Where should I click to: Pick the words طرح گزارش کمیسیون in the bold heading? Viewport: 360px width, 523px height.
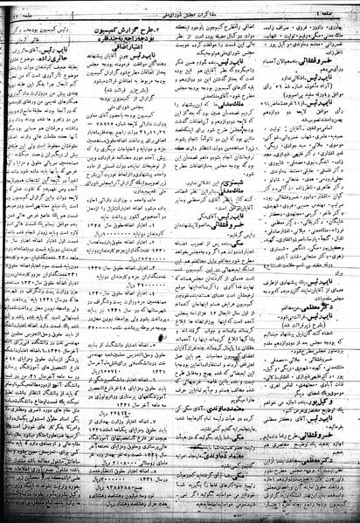(204, 32)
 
